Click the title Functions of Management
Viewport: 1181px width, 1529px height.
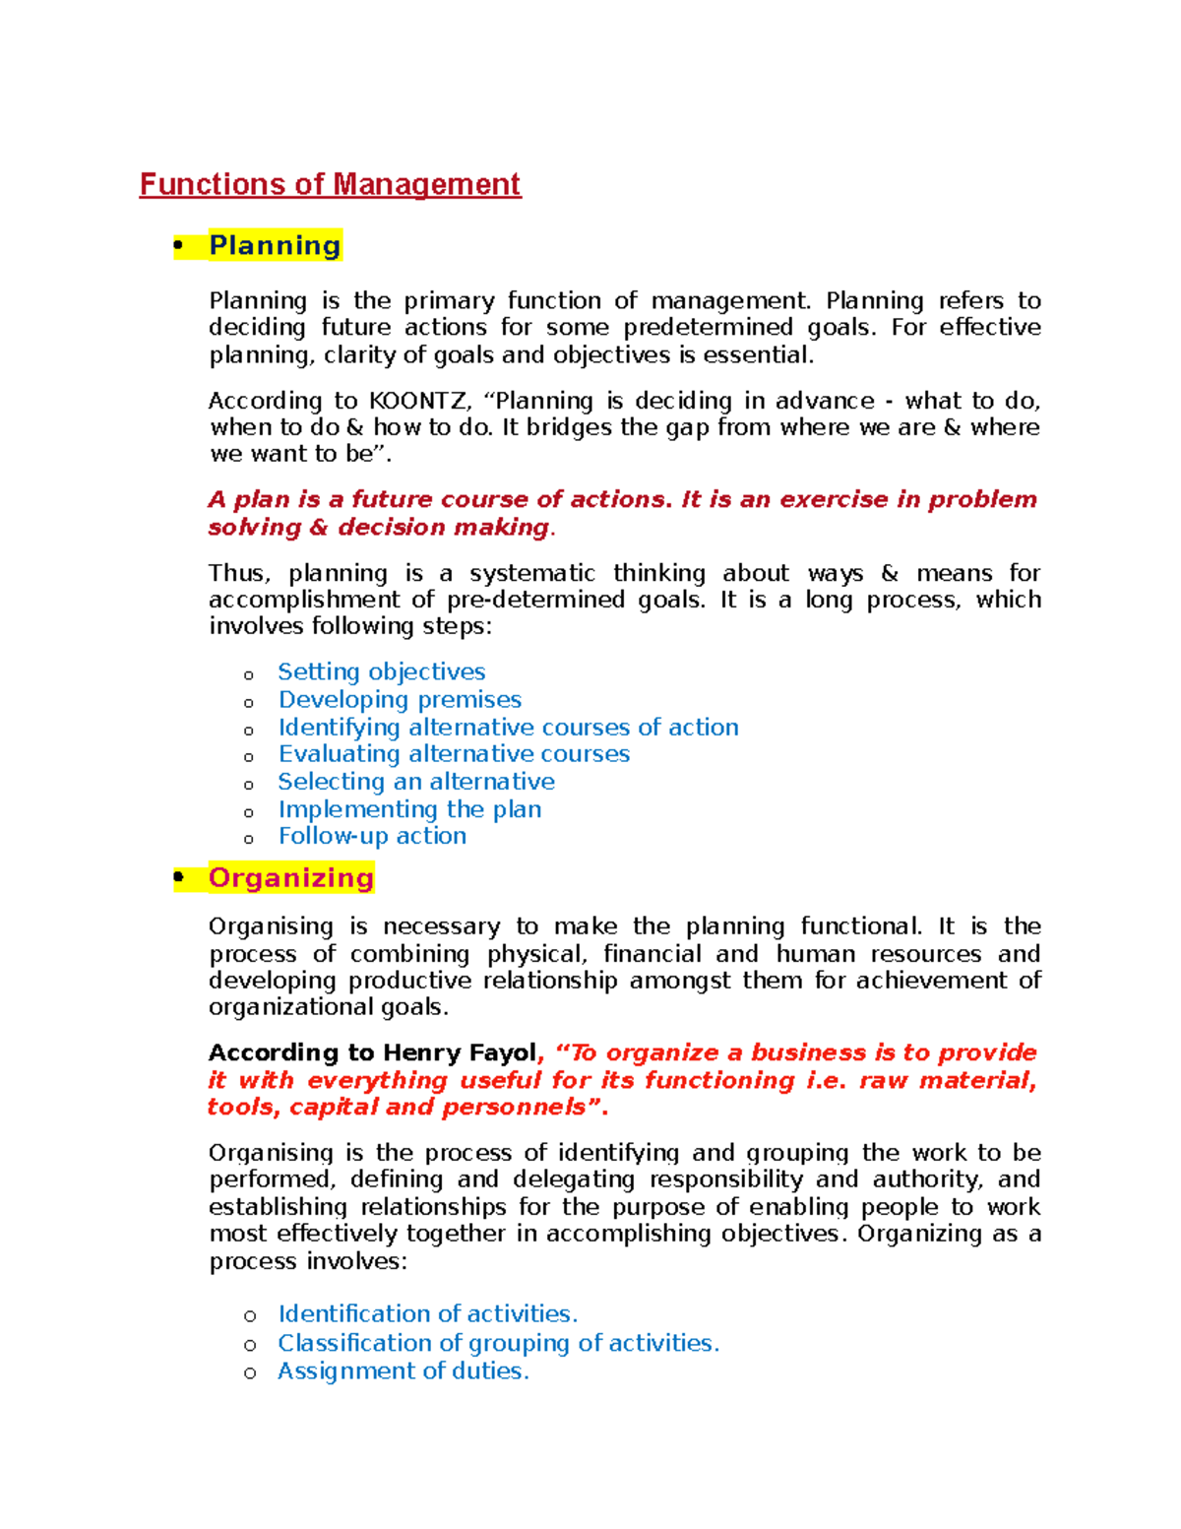[330, 184]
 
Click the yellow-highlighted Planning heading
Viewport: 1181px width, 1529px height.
[275, 245]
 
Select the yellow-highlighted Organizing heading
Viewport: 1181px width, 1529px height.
[290, 877]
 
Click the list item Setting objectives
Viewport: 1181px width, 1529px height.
[382, 671]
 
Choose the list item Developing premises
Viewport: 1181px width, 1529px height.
[400, 699]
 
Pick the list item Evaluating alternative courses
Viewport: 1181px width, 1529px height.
[454, 754]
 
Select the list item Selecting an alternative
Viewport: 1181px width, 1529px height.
[416, 782]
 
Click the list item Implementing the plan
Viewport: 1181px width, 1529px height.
[409, 809]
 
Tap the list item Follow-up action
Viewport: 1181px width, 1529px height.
[372, 836]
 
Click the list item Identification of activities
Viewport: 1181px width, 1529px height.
[427, 1313]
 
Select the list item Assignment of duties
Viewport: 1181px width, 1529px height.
[403, 1370]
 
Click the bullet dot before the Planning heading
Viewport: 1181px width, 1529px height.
[178, 245]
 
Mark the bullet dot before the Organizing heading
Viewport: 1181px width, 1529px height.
[178, 876]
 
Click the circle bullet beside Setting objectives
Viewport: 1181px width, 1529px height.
[249, 675]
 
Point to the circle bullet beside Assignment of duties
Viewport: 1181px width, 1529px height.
[250, 1373]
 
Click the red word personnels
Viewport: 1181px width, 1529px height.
[514, 1107]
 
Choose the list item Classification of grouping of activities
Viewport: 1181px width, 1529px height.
[498, 1343]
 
